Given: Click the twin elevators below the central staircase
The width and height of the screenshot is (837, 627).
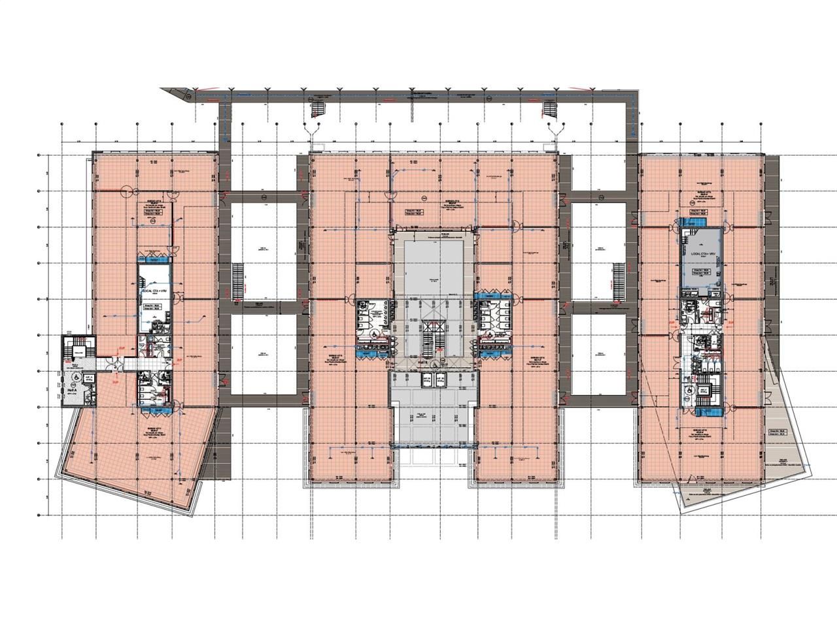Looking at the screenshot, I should pos(431,381).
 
